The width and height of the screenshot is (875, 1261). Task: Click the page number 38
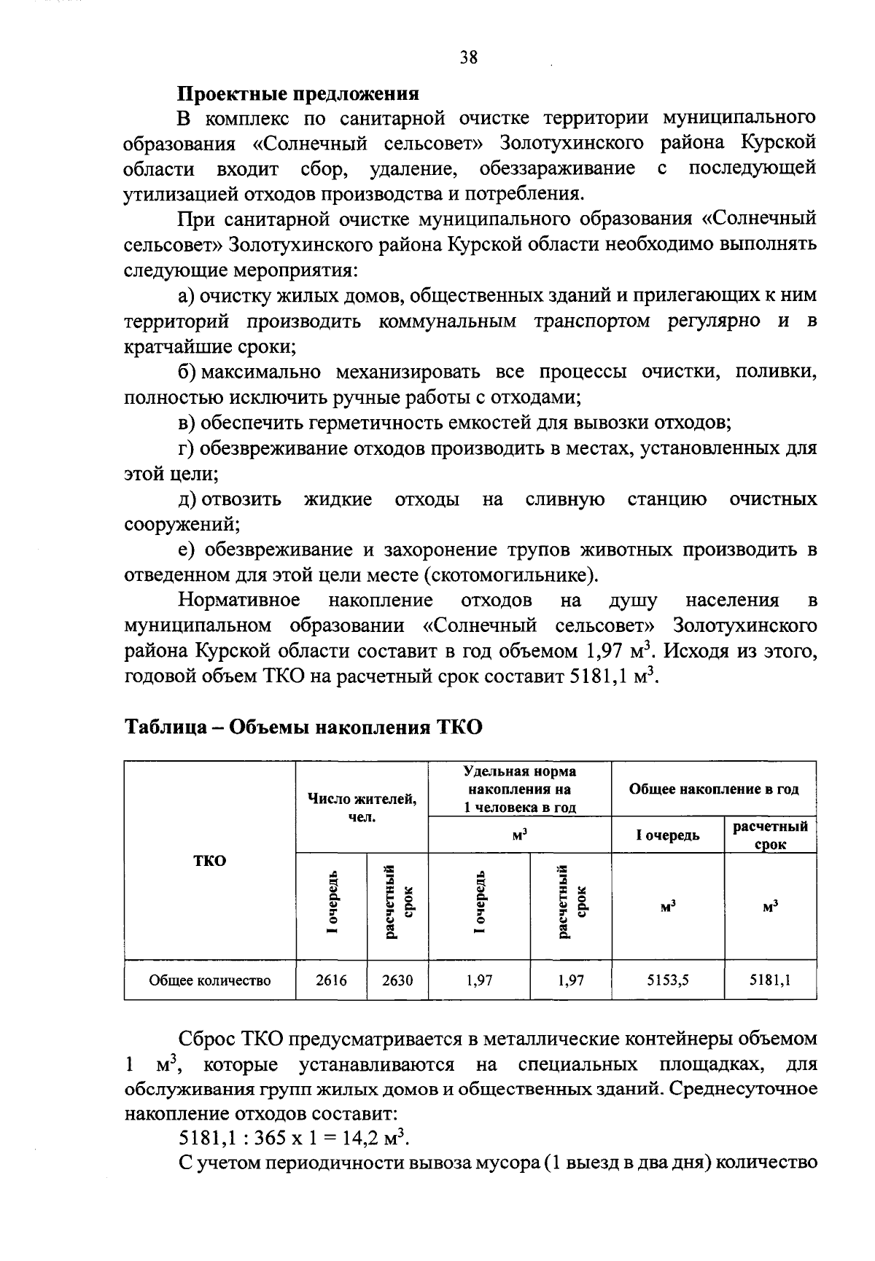coord(469,58)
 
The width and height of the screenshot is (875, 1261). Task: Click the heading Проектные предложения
coord(299,94)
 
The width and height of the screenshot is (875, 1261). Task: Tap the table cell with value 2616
coord(331,980)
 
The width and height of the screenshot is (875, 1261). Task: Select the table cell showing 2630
coord(397,980)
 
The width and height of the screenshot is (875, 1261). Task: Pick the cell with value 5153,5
coord(668,980)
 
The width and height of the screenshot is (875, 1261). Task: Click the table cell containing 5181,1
coord(770,980)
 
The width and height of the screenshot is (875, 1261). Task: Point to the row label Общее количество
coord(210,980)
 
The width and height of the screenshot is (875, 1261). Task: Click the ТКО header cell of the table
coord(210,860)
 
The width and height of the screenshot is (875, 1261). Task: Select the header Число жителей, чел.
coord(362,808)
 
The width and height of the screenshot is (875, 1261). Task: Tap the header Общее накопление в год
coord(713,789)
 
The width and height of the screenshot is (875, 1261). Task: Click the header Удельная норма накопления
coord(519,789)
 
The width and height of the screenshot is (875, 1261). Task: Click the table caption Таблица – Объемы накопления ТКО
coord(303,727)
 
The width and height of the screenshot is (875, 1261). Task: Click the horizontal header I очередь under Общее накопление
coord(668,835)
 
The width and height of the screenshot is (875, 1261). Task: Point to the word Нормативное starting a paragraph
coord(239,601)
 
